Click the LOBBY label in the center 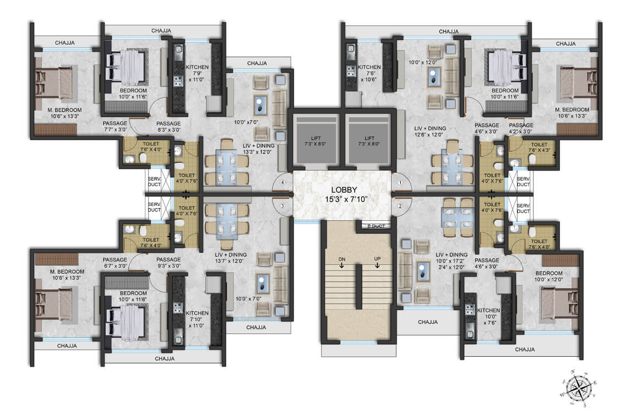344,190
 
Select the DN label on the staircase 341,259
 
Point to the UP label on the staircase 377,259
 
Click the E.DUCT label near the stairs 376,226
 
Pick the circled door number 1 400,183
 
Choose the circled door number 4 282,182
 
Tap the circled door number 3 282,206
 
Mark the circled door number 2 400,206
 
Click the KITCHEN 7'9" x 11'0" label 197,73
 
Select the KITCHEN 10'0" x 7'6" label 488,317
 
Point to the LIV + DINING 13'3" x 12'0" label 258,149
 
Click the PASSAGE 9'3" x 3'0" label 168,263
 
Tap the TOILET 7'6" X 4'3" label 539,148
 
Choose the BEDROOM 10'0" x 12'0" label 549,276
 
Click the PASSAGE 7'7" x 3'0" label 115,126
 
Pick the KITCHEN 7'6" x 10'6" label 369,73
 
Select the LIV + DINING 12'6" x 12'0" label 430,132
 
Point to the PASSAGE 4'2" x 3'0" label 521,128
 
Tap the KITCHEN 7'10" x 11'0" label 197,319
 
